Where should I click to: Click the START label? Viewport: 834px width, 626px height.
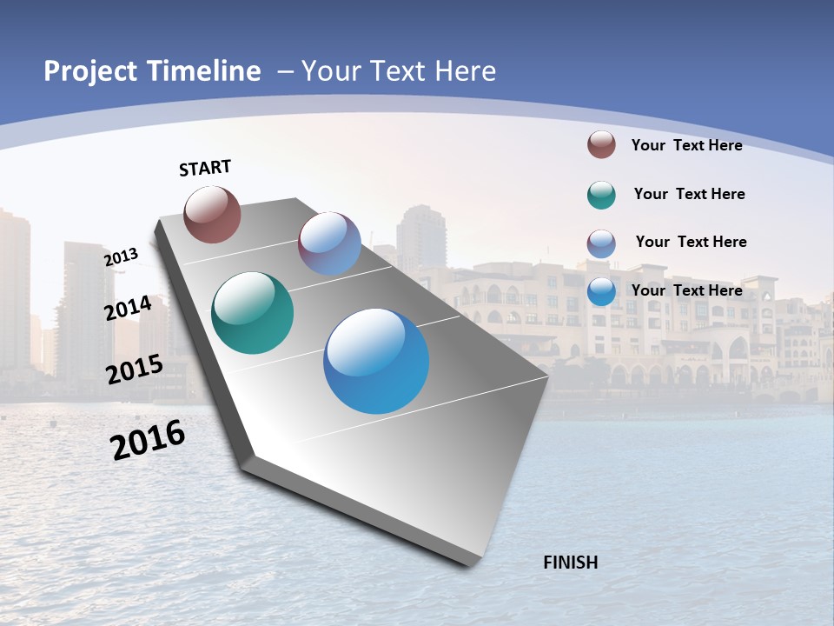(x=205, y=168)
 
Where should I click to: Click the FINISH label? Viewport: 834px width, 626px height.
(x=570, y=563)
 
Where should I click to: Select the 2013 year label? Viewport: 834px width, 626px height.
(x=121, y=257)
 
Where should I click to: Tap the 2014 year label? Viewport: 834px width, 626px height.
(x=128, y=309)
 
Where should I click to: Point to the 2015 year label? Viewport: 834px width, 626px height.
(x=134, y=369)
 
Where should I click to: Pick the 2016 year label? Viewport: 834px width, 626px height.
(x=148, y=440)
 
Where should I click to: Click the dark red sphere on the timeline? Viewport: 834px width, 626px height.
(x=213, y=215)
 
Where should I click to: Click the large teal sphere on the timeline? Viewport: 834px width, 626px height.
(x=252, y=313)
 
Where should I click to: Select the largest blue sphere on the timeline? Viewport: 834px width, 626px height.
(x=376, y=361)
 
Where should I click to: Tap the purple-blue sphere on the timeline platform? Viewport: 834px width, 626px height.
(x=329, y=243)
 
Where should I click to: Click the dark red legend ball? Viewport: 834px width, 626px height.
(x=601, y=144)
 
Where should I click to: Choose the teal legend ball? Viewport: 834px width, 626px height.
(x=601, y=195)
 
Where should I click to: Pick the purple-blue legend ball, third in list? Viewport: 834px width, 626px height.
(x=601, y=243)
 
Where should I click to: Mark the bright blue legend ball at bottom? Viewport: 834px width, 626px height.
(x=601, y=291)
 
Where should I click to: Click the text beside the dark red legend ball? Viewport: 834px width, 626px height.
(x=686, y=145)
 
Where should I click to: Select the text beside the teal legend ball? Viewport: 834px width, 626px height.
(x=689, y=194)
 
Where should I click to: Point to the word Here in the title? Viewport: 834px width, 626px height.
(x=465, y=71)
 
